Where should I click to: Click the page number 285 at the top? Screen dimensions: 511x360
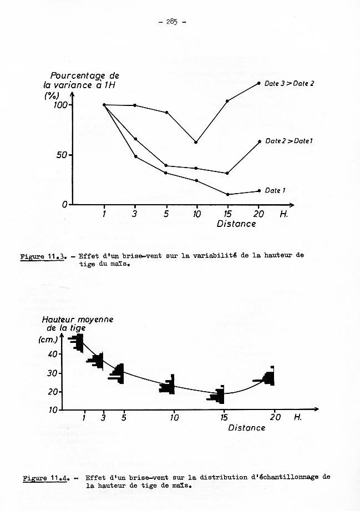pyautogui.click(x=171, y=22)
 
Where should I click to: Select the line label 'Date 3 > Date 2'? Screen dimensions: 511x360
pyautogui.click(x=289, y=84)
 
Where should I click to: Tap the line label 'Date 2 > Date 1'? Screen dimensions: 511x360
pyautogui.click(x=288, y=141)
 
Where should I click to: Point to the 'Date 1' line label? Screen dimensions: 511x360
pyautogui.click(x=275, y=191)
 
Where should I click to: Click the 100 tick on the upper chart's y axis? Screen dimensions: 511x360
pyautogui.click(x=60, y=105)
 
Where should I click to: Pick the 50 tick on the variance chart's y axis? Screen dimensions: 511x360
pyautogui.click(x=62, y=155)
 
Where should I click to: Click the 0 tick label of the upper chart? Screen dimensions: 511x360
pyautogui.click(x=64, y=204)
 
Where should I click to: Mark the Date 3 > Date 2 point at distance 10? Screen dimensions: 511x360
pyautogui.click(x=196, y=142)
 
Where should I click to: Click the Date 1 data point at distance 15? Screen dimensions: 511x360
pyautogui.click(x=227, y=194)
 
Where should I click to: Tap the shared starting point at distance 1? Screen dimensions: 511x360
pyautogui.click(x=104, y=104)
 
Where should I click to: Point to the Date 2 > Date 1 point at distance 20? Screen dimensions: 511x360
pyautogui.click(x=259, y=141)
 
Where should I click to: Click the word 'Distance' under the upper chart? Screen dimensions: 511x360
pyautogui.click(x=236, y=224)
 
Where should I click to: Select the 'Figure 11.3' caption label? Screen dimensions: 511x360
pyautogui.click(x=43, y=257)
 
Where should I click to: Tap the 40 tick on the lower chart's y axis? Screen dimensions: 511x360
pyautogui.click(x=53, y=354)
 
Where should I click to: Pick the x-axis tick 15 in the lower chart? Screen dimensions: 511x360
pyautogui.click(x=223, y=417)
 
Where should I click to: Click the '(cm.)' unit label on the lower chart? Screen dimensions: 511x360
pyautogui.click(x=48, y=340)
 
